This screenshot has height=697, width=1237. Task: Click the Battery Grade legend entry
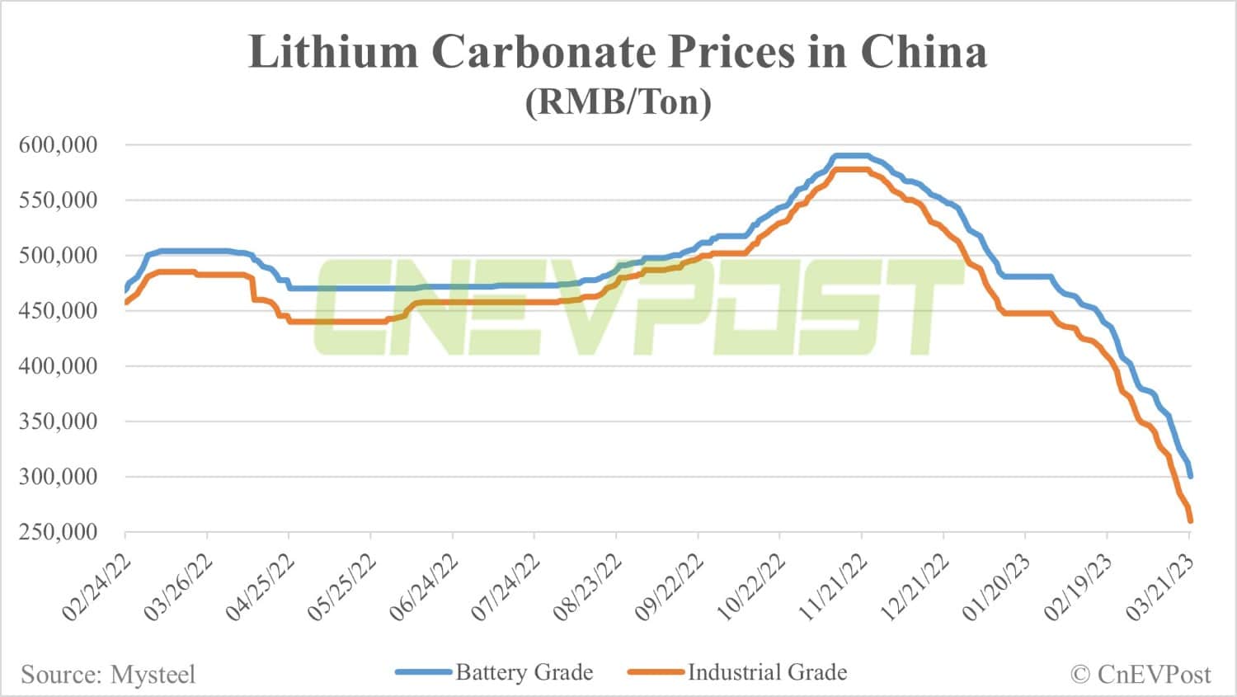coord(524,672)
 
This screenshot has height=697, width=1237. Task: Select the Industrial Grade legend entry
coord(767,672)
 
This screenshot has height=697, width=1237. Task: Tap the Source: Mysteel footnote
coord(108,675)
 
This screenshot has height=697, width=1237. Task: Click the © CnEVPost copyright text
coord(1141,675)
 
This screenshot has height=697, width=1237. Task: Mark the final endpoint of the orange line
coord(1190,520)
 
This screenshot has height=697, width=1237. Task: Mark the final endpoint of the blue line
coord(1190,476)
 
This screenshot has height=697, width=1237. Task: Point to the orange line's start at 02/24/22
coord(126,303)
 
